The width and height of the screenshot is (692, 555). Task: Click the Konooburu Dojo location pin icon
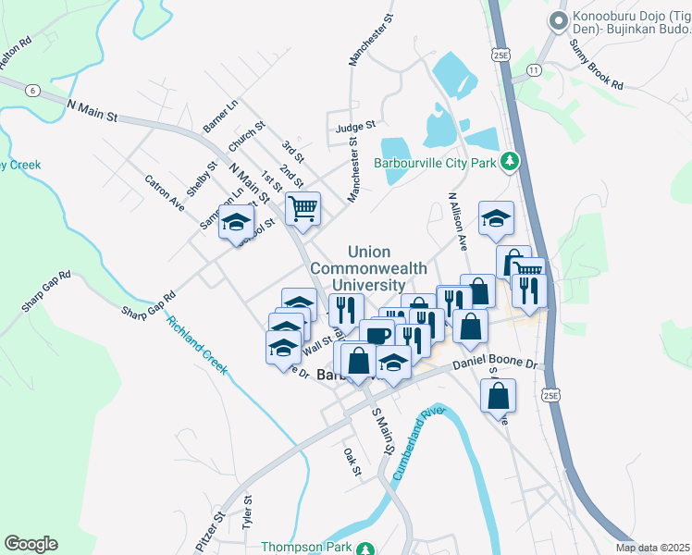coord(558,20)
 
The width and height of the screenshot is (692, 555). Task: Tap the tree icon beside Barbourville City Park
coord(508,163)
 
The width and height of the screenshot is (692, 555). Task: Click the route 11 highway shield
coord(533,69)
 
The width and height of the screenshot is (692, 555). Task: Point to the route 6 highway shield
coord(32,90)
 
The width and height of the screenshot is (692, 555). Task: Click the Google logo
coord(31,544)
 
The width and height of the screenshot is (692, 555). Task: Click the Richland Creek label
coord(196,345)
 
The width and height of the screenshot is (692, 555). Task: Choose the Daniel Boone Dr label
coord(495,364)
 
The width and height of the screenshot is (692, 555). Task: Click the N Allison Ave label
coord(458,221)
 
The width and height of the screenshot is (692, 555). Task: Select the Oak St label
coord(351,462)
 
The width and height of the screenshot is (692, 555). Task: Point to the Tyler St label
coord(248,512)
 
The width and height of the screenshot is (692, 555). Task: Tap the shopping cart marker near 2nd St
coord(303,208)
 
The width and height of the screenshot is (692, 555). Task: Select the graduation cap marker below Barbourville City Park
coord(496,218)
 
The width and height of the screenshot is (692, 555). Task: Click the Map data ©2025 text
coord(652,548)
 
